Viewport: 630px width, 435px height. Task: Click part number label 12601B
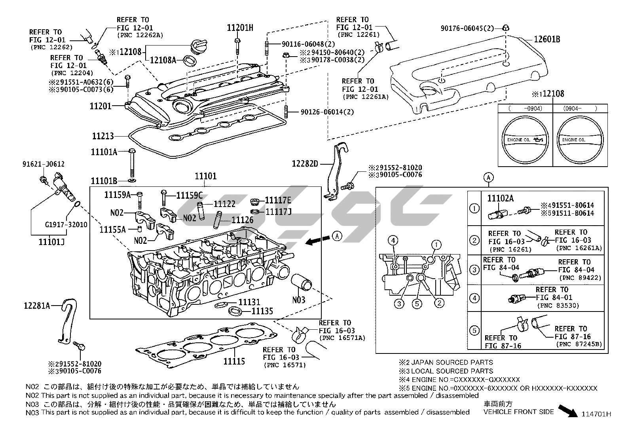547,39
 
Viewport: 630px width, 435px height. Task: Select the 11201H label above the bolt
240,28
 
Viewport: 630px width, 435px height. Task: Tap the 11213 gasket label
103,136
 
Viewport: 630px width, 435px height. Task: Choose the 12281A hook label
37,305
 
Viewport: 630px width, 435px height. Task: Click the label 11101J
51,241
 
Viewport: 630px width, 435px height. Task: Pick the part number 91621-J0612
43,164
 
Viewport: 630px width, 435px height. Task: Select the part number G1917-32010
66,225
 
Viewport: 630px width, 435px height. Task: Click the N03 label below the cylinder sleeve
299,300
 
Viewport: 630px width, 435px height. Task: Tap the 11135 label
262,312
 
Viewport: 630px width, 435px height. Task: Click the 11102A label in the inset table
500,199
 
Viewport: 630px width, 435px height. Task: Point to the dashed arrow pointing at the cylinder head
318,240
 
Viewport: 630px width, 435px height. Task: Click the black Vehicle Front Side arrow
568,411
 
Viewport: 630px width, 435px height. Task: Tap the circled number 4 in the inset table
474,298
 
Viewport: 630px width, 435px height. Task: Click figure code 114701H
596,414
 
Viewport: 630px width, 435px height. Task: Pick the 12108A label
163,60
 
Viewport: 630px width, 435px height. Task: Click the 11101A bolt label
104,152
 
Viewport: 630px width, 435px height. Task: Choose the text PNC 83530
558,306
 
